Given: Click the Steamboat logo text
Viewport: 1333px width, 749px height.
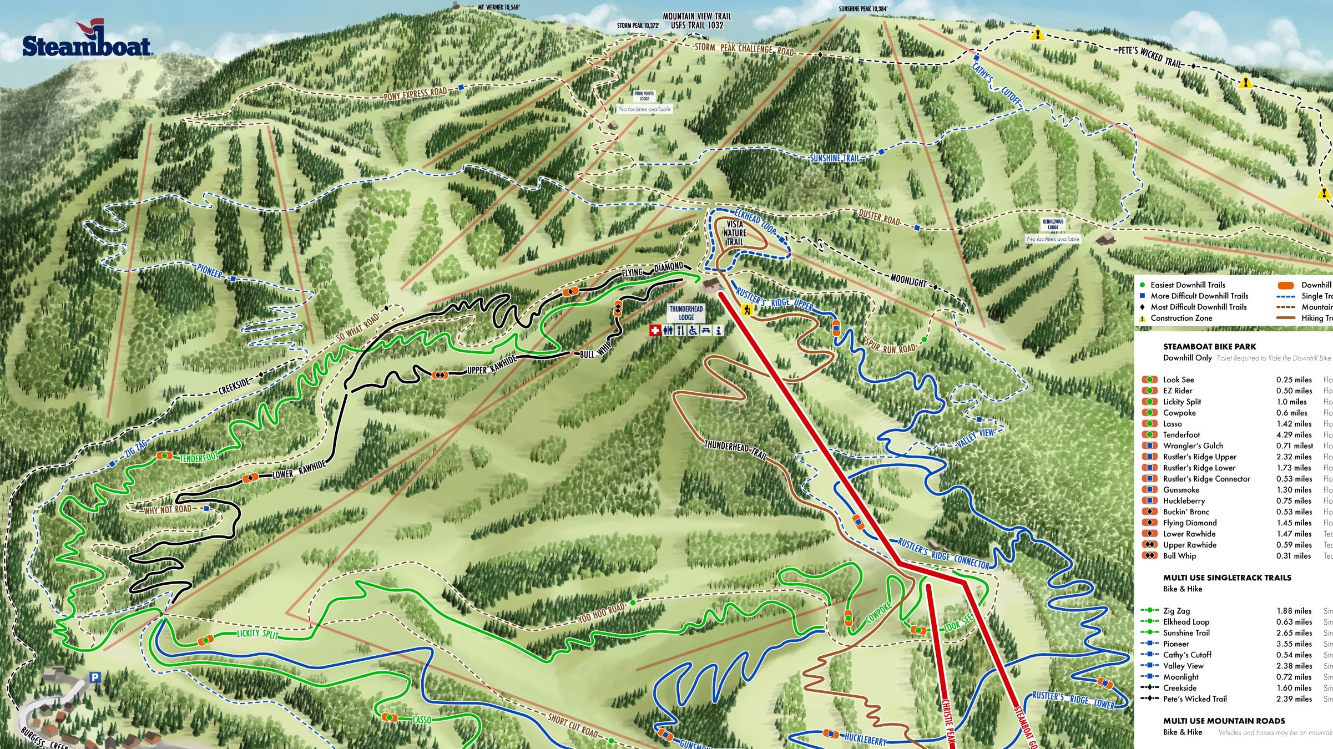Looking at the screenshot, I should coord(86,46).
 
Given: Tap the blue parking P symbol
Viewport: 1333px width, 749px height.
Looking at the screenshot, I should coord(95,677).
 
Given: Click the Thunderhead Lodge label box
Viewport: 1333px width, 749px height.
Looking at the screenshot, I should coord(686,313).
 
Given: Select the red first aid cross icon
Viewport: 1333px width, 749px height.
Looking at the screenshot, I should coord(655,331).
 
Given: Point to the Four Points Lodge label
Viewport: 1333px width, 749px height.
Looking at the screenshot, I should coord(644,96).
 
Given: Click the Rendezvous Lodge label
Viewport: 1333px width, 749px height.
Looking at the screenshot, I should coord(1053,224).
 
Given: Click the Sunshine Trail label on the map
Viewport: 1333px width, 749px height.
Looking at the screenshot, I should coord(835,158).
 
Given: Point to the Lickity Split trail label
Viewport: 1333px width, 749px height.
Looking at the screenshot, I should coord(257,633).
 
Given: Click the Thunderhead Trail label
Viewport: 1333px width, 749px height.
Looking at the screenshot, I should coord(735,449).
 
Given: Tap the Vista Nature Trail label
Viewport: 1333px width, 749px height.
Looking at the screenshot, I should coord(734,233).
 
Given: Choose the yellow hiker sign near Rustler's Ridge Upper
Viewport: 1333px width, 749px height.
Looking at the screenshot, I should coord(746,310).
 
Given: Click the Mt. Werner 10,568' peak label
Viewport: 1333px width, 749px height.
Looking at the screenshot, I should coord(499,7).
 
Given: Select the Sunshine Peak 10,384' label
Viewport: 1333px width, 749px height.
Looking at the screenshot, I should coord(863,9).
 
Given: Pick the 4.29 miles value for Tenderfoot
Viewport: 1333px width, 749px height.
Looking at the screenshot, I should coord(1294,435).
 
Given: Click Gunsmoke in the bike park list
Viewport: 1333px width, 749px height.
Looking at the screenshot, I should coord(1181,490).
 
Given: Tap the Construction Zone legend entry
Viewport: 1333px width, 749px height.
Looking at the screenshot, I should coord(1181,318).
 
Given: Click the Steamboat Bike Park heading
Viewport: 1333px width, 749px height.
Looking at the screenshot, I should coord(1209,346).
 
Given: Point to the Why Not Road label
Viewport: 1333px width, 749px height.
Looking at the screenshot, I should coord(168,509).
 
